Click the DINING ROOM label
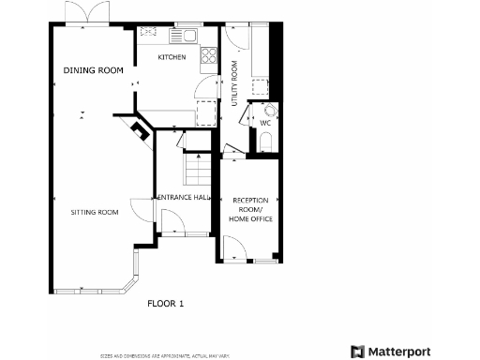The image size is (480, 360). (94, 71)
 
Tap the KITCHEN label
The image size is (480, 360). (172, 58)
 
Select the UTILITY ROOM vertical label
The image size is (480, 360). (234, 82)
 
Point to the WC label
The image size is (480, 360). (265, 123)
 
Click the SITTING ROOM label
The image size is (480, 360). (95, 213)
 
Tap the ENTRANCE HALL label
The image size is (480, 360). (183, 198)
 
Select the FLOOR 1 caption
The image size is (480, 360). (166, 304)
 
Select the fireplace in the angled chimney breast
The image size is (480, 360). (140, 130)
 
